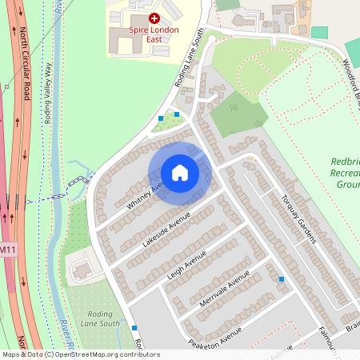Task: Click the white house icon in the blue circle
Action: [180, 172]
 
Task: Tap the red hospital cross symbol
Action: [154, 16]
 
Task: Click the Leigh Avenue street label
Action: [186, 262]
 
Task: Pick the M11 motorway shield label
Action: [7, 250]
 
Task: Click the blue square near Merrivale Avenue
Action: [282, 278]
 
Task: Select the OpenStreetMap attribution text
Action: [81, 354]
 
